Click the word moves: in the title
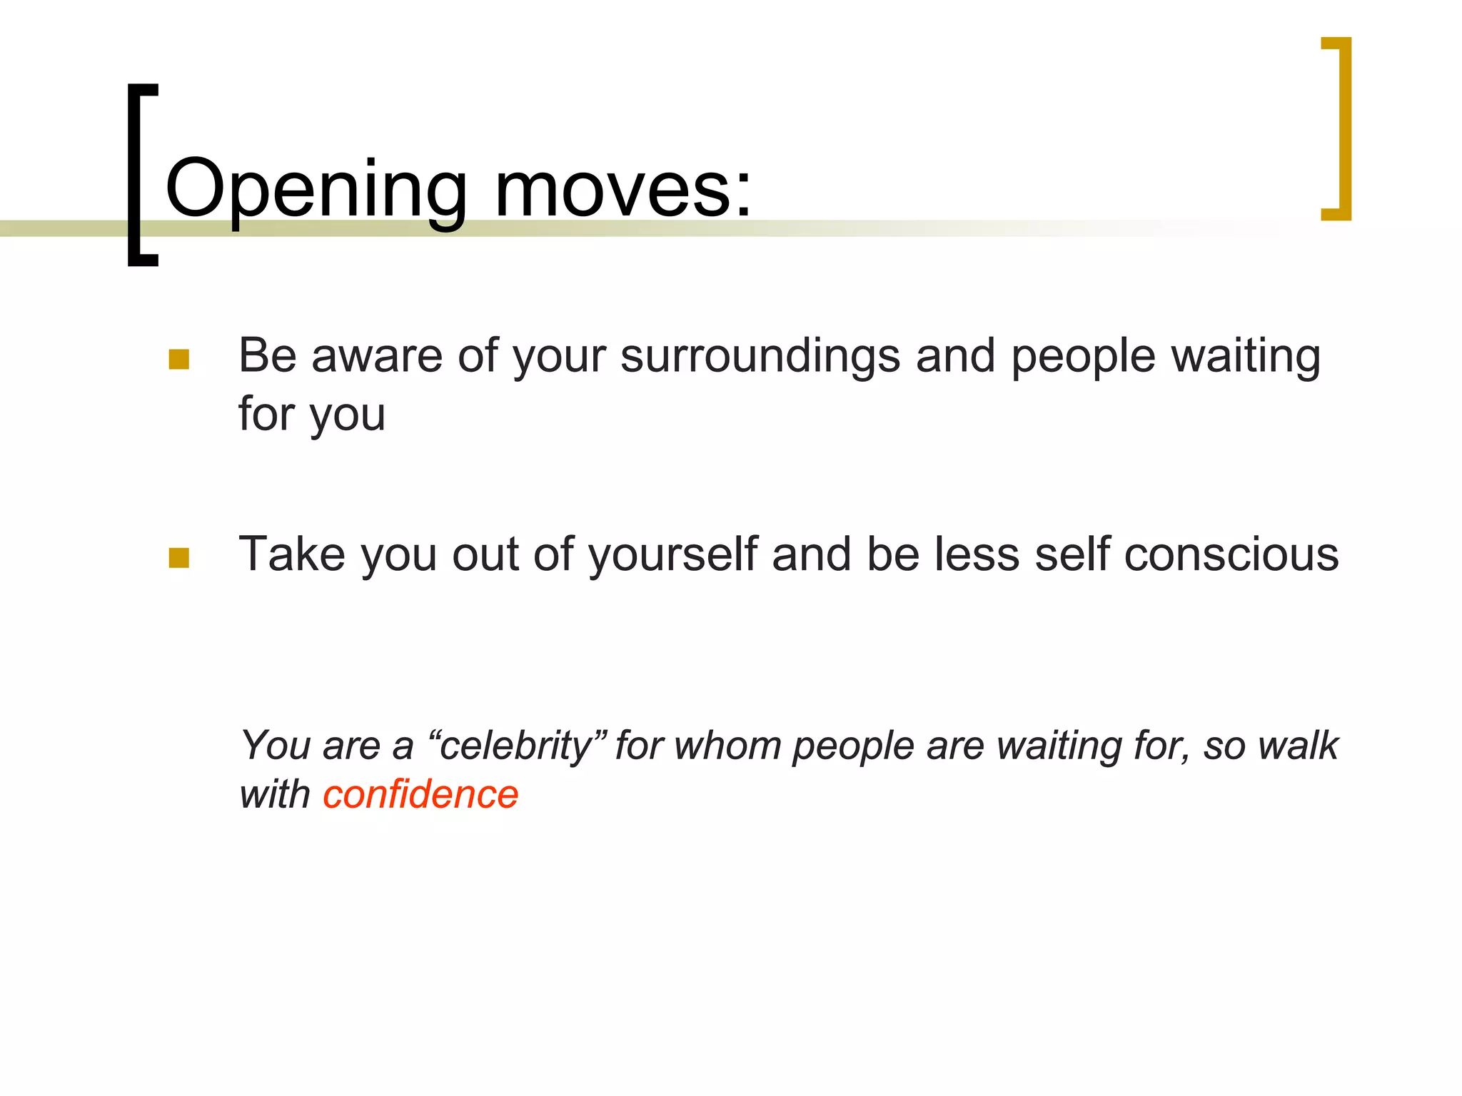tap(622, 189)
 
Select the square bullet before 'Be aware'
tap(179, 359)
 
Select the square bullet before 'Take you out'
tap(179, 557)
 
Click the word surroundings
tap(760, 357)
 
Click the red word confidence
tap(420, 795)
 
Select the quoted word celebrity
tap(515, 746)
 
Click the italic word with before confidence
tap(274, 795)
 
